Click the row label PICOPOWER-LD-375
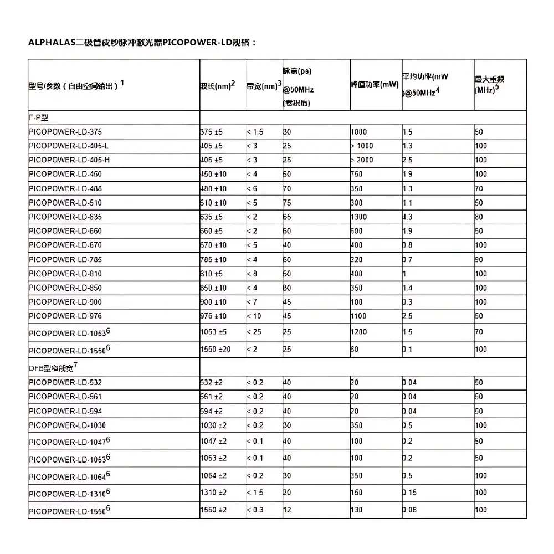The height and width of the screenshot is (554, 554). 65,132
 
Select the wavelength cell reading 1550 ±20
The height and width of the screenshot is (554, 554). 216,349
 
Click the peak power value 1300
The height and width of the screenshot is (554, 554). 359,217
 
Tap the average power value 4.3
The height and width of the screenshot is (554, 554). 407,217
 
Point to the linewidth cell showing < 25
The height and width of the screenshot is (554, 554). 255,331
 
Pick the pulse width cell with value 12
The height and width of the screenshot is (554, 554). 287,510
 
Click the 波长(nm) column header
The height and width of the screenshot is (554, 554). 217,86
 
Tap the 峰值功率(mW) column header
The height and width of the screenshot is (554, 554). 375,85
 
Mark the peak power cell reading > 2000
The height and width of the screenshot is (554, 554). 362,160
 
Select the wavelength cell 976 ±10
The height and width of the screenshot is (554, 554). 213,316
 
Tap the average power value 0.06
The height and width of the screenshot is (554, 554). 410,510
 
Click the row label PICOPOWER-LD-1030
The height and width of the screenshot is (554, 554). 67,425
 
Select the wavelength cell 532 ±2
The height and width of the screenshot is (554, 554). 211,382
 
